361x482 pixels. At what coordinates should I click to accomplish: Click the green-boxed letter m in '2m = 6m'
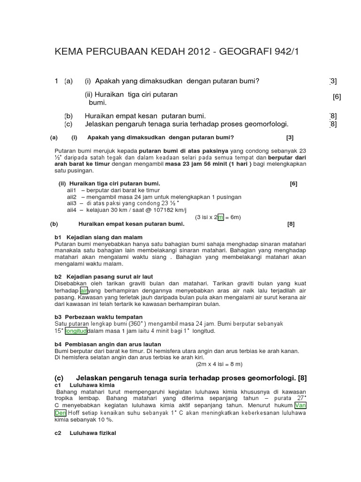coord(220,217)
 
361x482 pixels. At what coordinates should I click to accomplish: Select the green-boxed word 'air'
coord(84,290)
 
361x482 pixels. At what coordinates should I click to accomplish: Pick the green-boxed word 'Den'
coord(61,413)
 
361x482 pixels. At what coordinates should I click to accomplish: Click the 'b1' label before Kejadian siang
coord(58,237)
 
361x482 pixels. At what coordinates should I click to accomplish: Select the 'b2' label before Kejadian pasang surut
coord(58,276)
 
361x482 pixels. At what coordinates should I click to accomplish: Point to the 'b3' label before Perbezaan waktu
coord(58,317)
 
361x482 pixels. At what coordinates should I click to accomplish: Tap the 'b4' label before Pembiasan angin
coord(58,344)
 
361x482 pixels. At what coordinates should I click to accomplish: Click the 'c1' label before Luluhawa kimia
coord(58,385)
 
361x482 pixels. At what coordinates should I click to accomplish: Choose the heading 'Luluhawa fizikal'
coord(93,433)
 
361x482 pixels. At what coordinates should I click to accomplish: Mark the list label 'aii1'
coord(71,190)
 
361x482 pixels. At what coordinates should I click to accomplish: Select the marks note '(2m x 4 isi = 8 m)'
coord(219,364)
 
